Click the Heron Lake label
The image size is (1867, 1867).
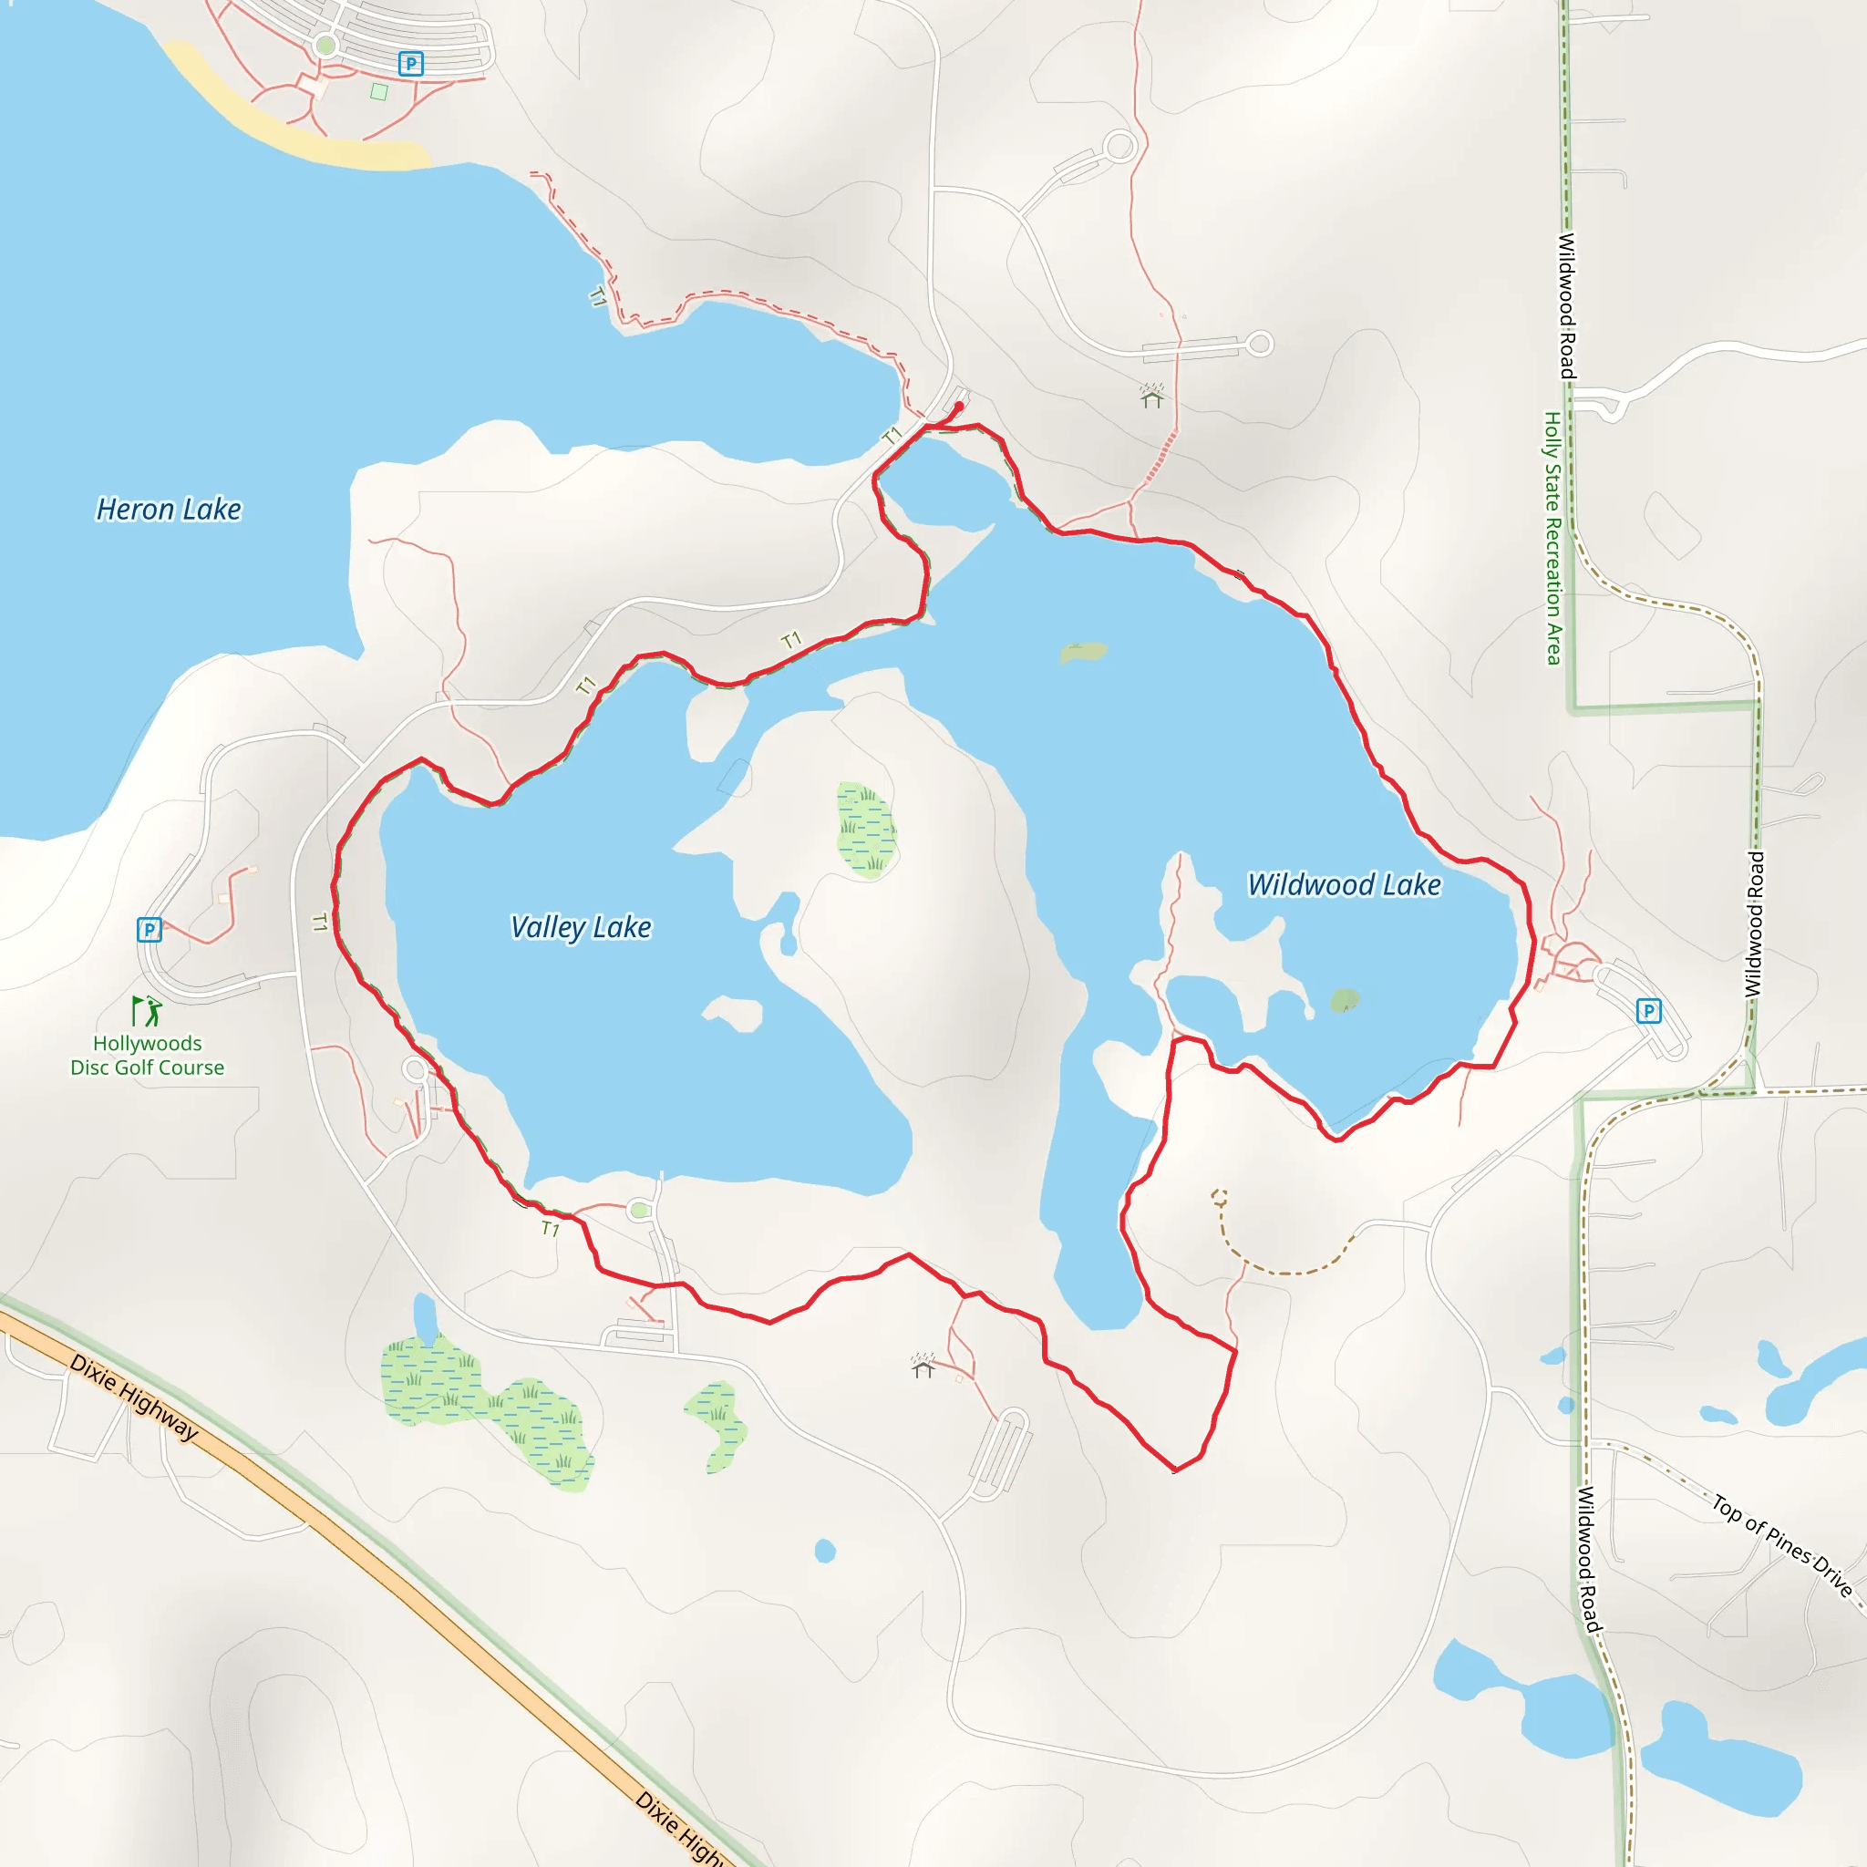click(170, 510)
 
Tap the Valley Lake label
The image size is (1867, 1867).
click(581, 927)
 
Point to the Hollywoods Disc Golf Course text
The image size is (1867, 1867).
click(148, 1056)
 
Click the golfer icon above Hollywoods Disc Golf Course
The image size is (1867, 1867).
click(147, 1011)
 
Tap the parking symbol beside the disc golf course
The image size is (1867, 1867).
click(149, 930)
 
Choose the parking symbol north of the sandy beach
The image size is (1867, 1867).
click(411, 64)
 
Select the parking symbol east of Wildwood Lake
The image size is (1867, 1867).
click(1648, 1011)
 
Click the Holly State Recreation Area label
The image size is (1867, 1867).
click(1552, 538)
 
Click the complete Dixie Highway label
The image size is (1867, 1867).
click(134, 1398)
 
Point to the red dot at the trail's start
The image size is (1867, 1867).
click(959, 406)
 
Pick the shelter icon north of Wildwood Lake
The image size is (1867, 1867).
click(1152, 397)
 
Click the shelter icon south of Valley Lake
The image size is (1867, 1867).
click(923, 1366)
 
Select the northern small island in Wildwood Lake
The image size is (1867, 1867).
click(1082, 653)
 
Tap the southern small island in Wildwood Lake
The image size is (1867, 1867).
click(1345, 1000)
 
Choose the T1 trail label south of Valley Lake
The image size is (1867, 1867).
click(550, 1228)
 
